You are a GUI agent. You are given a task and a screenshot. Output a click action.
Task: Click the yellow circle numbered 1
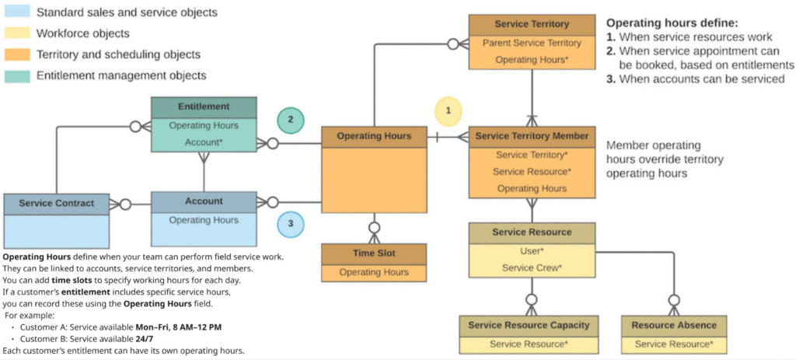449,110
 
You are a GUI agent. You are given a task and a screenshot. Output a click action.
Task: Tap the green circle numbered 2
290,120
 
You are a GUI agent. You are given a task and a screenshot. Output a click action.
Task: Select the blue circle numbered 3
290,223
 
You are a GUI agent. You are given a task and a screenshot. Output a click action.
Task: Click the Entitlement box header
204,107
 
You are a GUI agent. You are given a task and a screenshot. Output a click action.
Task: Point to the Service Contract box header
56,203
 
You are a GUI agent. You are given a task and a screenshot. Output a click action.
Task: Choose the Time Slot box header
374,254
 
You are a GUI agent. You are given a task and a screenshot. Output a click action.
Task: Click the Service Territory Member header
532,136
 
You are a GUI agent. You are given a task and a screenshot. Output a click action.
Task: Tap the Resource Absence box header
674,325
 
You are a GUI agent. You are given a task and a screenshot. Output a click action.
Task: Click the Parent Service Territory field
532,43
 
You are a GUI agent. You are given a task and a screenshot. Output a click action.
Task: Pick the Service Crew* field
532,268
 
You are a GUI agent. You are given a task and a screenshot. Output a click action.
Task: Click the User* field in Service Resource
532,251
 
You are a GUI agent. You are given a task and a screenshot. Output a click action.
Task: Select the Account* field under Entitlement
204,142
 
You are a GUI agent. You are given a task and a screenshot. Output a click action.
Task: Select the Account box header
204,201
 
